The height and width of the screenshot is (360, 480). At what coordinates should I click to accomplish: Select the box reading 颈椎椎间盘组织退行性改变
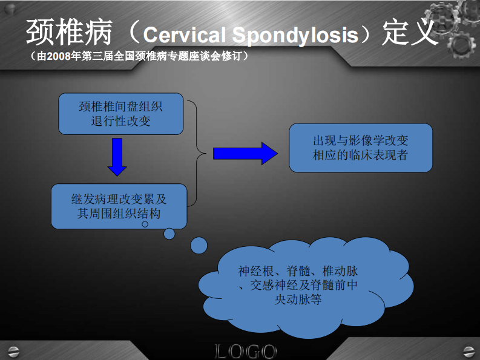tap(120, 113)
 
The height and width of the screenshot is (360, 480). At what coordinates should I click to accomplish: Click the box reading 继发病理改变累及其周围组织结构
tap(119, 206)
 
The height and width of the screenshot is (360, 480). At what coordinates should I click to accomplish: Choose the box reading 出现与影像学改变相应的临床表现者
tap(360, 148)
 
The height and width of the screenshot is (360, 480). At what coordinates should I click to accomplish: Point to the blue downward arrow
tap(117, 157)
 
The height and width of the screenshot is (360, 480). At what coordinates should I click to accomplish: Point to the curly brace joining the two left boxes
tap(196, 153)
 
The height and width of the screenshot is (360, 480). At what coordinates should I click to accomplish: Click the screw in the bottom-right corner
tap(467, 350)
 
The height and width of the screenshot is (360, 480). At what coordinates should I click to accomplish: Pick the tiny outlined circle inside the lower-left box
tap(145, 224)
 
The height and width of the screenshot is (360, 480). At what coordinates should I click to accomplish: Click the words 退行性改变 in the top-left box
tap(120, 120)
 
